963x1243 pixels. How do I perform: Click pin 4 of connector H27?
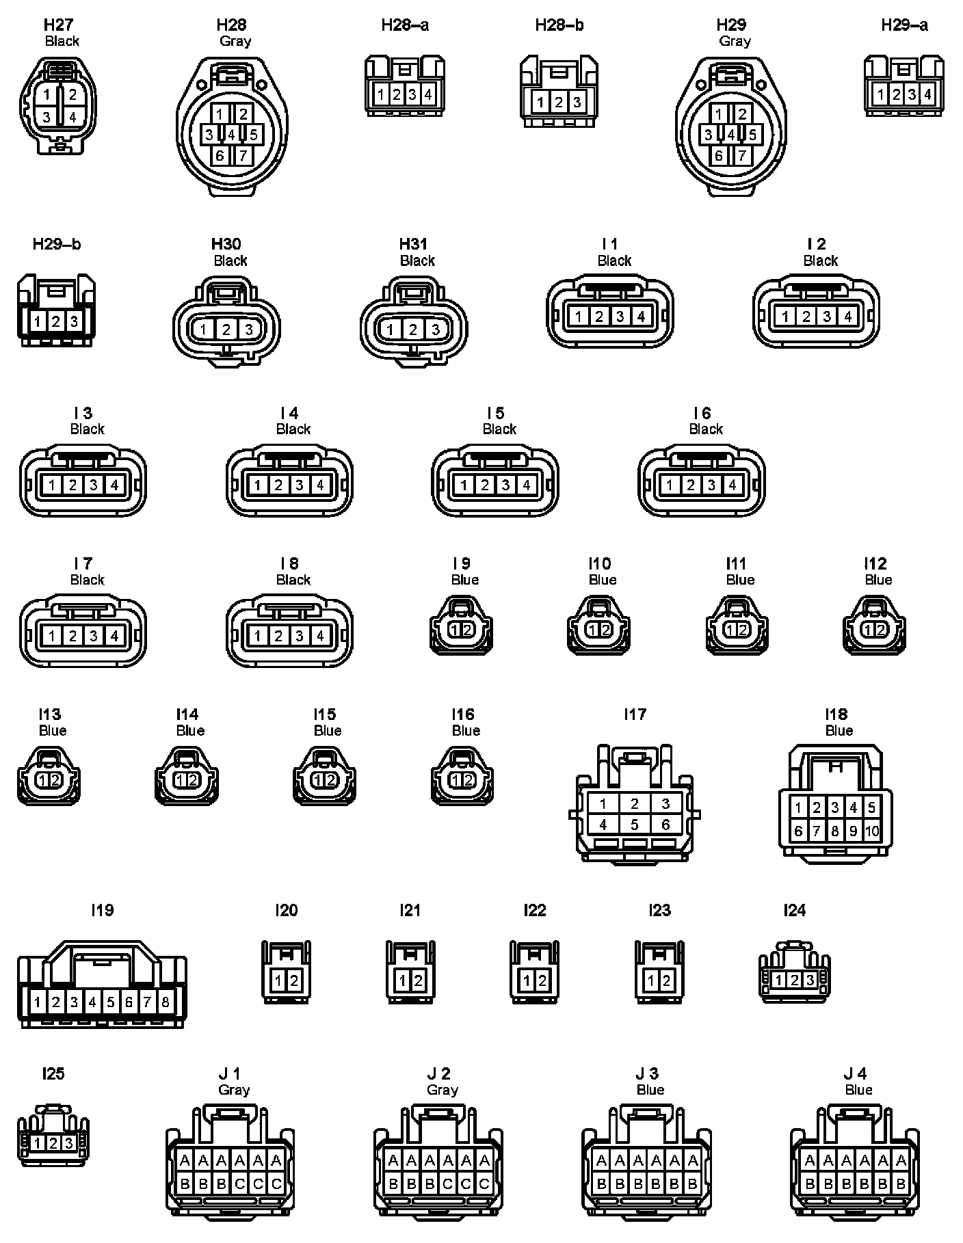point(72,117)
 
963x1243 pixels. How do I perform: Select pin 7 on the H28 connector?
point(243,156)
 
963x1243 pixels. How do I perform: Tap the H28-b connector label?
point(559,26)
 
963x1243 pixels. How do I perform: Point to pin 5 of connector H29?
point(752,135)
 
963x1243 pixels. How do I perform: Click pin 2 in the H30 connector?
point(226,330)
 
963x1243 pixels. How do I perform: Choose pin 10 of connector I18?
point(871,831)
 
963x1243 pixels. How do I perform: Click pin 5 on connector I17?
point(634,825)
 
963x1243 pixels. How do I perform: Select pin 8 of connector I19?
point(166,1002)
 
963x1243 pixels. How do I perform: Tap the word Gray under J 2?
point(442,1090)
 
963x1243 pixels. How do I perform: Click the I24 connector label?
point(794,910)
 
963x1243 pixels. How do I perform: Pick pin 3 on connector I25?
point(69,1143)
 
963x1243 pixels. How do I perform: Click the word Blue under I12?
point(878,580)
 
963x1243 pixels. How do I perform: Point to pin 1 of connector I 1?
point(579,317)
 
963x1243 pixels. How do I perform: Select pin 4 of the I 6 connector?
point(732,485)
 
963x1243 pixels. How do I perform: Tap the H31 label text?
point(413,244)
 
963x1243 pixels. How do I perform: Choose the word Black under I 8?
point(293,580)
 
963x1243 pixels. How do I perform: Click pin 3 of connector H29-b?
point(74,321)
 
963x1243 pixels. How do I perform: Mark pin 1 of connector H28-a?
point(381,94)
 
